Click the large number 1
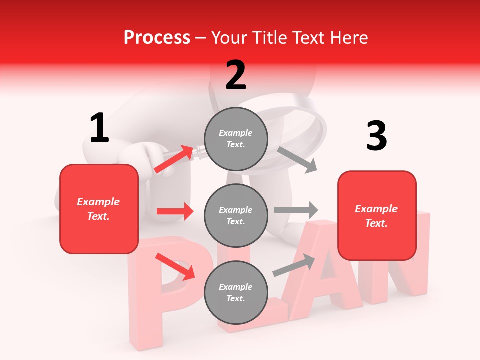coord(99,128)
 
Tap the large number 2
coord(236,75)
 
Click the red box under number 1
coord(99,209)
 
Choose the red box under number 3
coord(377,215)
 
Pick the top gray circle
coord(236,139)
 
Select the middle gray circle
coord(236,215)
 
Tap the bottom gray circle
coord(236,292)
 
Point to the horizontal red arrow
coord(175,211)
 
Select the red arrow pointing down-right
coord(175,266)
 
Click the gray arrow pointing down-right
coord(297,159)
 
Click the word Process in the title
coord(157,37)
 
